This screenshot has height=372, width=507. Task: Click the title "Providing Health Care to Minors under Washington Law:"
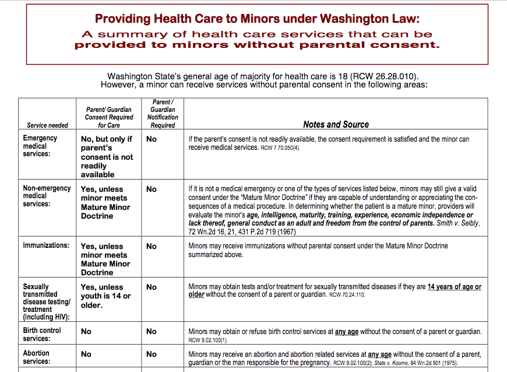tap(257, 19)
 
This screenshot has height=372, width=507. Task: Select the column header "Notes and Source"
tap(336, 124)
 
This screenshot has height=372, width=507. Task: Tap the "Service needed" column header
tap(47, 125)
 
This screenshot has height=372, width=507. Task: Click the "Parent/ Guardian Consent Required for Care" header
tap(108, 117)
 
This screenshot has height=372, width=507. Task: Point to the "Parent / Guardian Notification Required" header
tap(163, 113)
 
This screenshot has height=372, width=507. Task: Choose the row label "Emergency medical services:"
tap(40, 146)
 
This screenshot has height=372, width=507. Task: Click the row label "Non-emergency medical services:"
tap(47, 196)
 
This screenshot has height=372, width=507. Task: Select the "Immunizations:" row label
tap(46, 245)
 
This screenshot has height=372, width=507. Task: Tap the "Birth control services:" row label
tap(42, 334)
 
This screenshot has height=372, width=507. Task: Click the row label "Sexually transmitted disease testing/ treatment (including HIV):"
tap(47, 301)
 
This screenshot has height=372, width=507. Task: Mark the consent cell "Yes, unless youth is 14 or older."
tap(105, 296)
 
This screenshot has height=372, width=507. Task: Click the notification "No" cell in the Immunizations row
tap(152, 246)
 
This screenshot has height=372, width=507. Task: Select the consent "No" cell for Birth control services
tap(86, 331)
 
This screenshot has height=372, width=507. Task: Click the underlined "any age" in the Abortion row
tap(379, 354)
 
